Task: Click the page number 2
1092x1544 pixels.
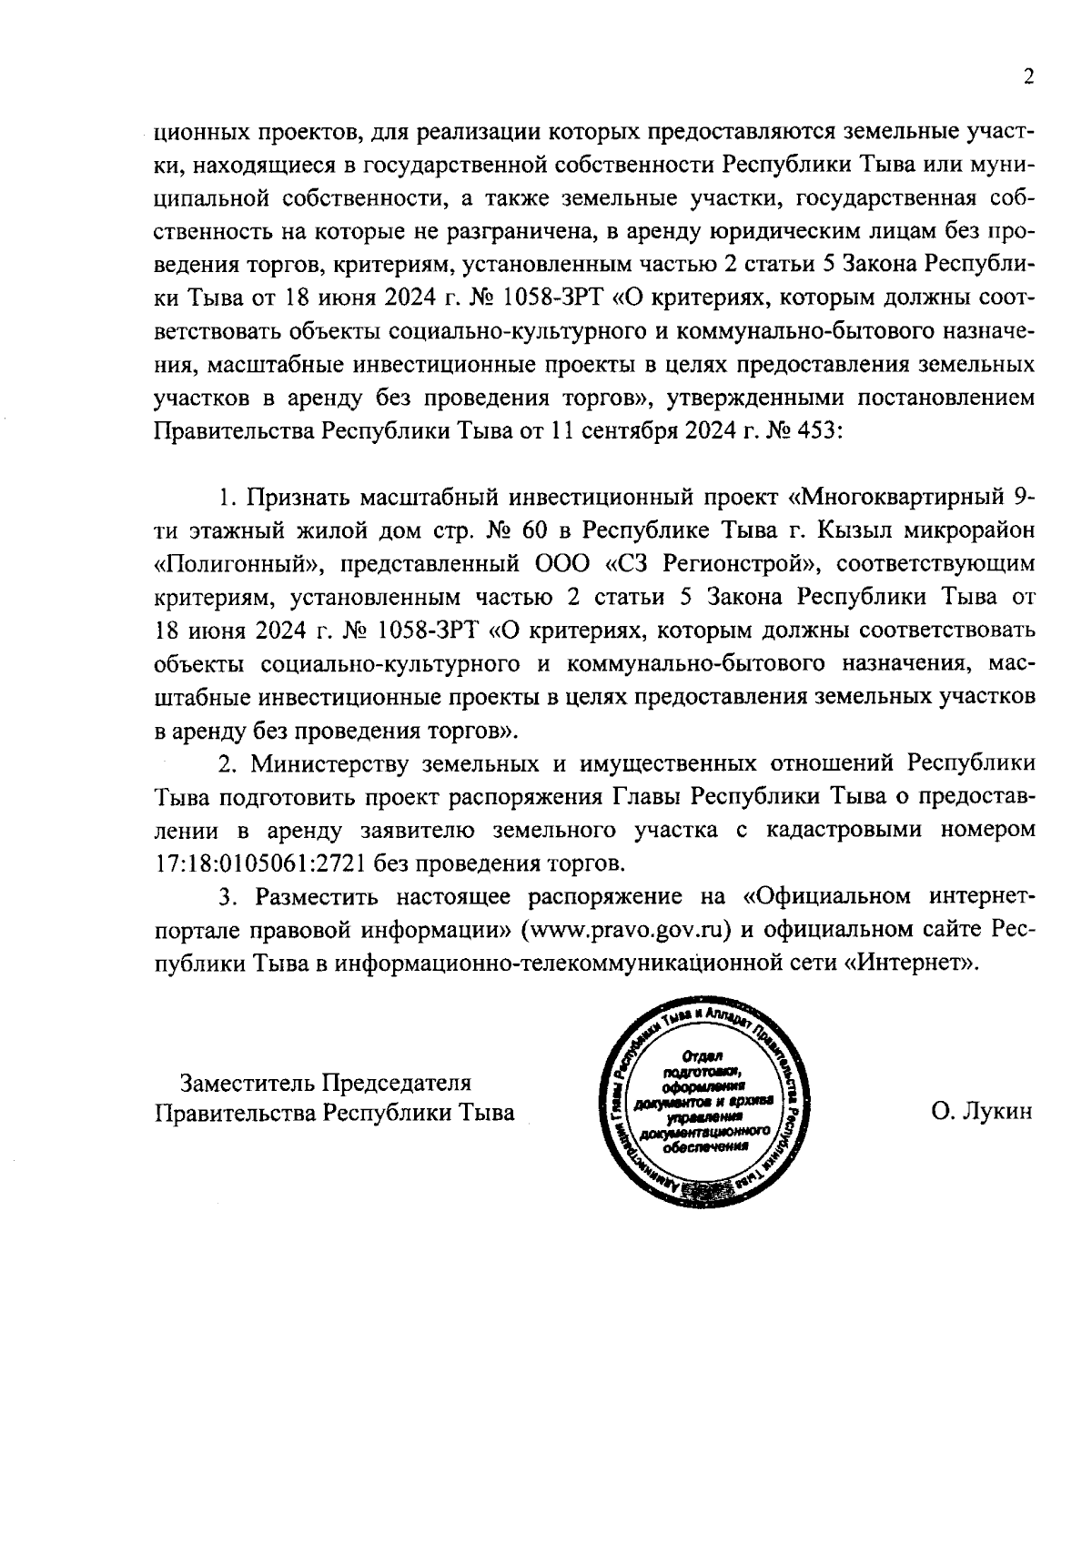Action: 1028,78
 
